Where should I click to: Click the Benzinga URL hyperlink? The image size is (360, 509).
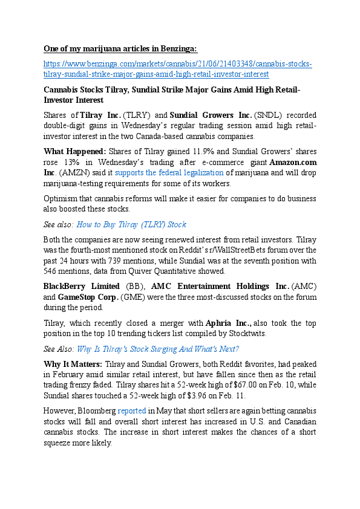point(177,63)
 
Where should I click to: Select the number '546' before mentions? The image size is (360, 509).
point(53,271)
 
